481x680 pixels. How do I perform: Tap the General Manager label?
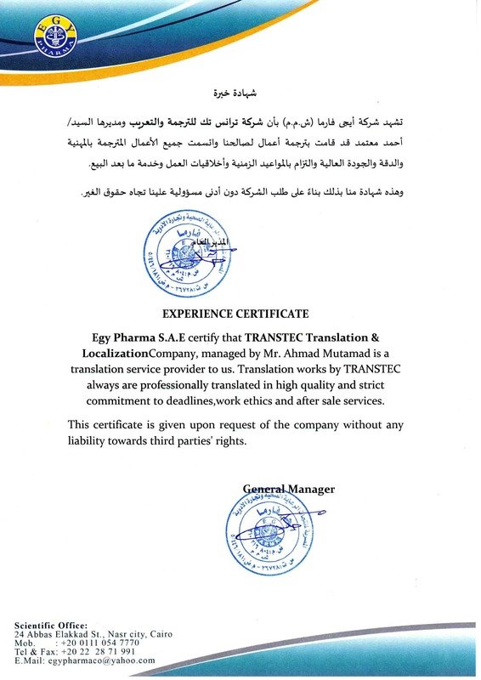pyautogui.click(x=289, y=489)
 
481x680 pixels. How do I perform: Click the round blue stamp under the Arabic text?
pyautogui.click(x=183, y=254)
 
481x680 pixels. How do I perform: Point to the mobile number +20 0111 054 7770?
pyautogui.click(x=93, y=643)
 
